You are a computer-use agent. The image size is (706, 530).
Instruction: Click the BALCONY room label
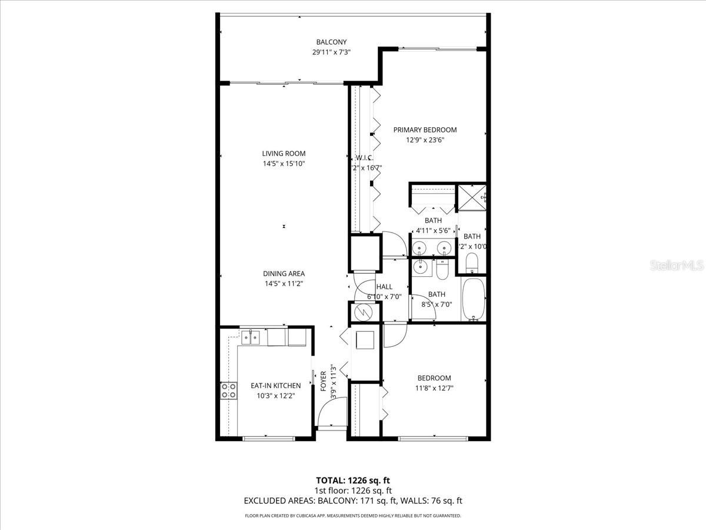[x=331, y=42]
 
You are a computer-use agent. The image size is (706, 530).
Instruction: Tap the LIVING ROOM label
[x=284, y=154]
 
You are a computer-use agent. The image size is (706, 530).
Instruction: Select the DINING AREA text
[x=284, y=274]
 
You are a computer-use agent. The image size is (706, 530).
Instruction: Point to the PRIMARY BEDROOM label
[x=425, y=130]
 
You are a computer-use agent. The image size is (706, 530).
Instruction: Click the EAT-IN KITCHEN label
[x=275, y=386]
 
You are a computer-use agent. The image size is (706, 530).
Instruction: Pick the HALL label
[x=384, y=287]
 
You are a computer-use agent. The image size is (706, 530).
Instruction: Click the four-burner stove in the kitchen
[x=228, y=390]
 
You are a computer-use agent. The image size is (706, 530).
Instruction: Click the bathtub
[x=474, y=299]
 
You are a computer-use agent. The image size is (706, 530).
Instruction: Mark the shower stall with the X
[x=472, y=197]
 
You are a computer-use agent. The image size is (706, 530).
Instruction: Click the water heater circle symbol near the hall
[x=361, y=312]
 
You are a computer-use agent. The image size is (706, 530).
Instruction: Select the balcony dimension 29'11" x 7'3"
[x=331, y=52]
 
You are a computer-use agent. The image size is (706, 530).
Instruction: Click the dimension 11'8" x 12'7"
[x=434, y=388]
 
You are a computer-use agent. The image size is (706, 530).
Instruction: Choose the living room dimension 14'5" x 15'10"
[x=284, y=164]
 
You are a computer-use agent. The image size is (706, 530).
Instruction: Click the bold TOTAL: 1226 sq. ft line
[x=353, y=480]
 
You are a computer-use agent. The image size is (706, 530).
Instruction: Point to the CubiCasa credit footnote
[x=353, y=515]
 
